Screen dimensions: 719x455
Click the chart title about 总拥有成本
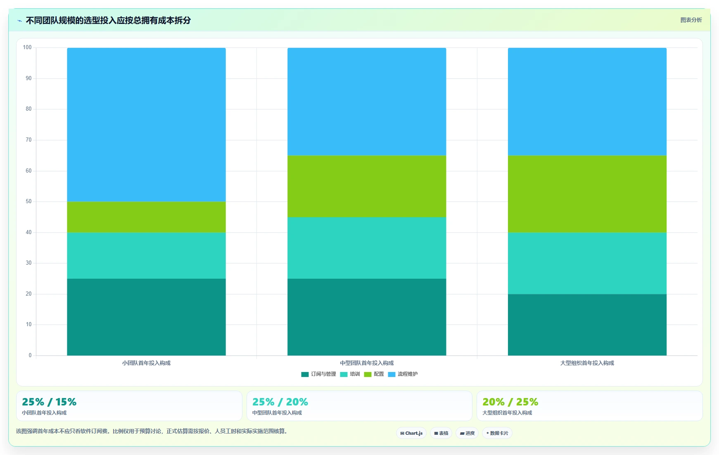point(108,20)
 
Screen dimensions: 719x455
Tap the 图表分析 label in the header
point(691,20)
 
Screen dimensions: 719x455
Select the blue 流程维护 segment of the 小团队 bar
point(146,125)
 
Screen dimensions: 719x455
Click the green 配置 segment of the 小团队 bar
point(146,217)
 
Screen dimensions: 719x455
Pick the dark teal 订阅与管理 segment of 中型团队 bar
point(367,317)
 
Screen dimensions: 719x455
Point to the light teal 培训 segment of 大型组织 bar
point(587,263)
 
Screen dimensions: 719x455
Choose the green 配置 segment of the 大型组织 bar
point(587,194)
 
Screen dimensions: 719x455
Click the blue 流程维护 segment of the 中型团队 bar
point(367,102)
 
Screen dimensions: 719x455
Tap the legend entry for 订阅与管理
point(318,374)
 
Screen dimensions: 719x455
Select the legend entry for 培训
point(350,374)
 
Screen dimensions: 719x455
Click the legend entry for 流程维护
point(403,374)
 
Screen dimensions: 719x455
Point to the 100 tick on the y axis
point(27,47)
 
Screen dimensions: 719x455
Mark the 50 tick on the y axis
point(28,201)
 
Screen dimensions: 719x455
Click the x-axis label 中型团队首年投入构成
point(367,363)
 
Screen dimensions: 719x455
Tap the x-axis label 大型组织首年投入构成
point(587,363)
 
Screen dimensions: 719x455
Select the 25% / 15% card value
point(49,402)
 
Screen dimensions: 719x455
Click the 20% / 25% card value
point(510,402)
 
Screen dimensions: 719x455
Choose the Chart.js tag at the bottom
point(411,433)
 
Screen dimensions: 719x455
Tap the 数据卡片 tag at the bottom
point(497,433)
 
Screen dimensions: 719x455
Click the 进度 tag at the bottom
point(467,433)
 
